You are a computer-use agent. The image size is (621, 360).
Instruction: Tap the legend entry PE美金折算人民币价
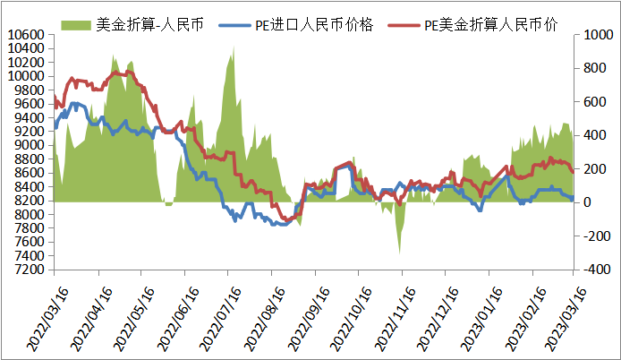[x=493, y=24]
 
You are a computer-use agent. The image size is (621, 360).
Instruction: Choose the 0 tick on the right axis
[x=583, y=202]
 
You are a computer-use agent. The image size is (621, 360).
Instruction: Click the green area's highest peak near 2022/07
[x=234, y=45]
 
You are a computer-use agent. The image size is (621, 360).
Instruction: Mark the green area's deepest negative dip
[x=399, y=253]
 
